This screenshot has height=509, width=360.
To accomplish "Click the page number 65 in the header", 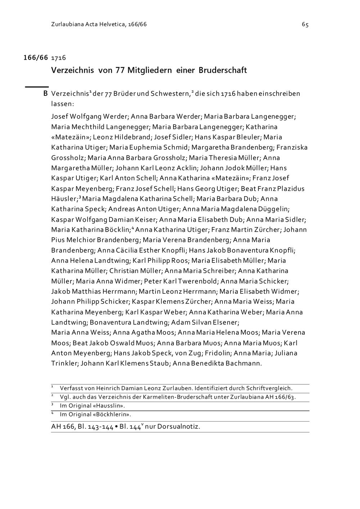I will [305, 24].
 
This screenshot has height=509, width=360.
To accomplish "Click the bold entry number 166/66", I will [36, 58].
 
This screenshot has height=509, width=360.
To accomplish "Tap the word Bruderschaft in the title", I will [222, 70].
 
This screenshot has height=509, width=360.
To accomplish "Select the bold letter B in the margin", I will [45, 94].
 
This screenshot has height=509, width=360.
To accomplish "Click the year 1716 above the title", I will [59, 58].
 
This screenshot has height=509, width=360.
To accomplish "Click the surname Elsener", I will [226, 322].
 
